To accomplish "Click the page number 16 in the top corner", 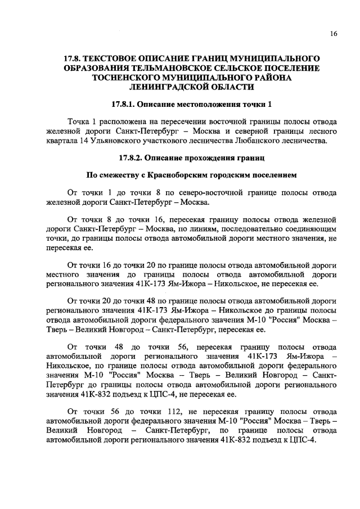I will pyautogui.click(x=334, y=34).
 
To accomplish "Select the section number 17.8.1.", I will pyautogui.click(x=124, y=105).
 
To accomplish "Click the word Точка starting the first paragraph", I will pyautogui.click(x=79, y=121).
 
